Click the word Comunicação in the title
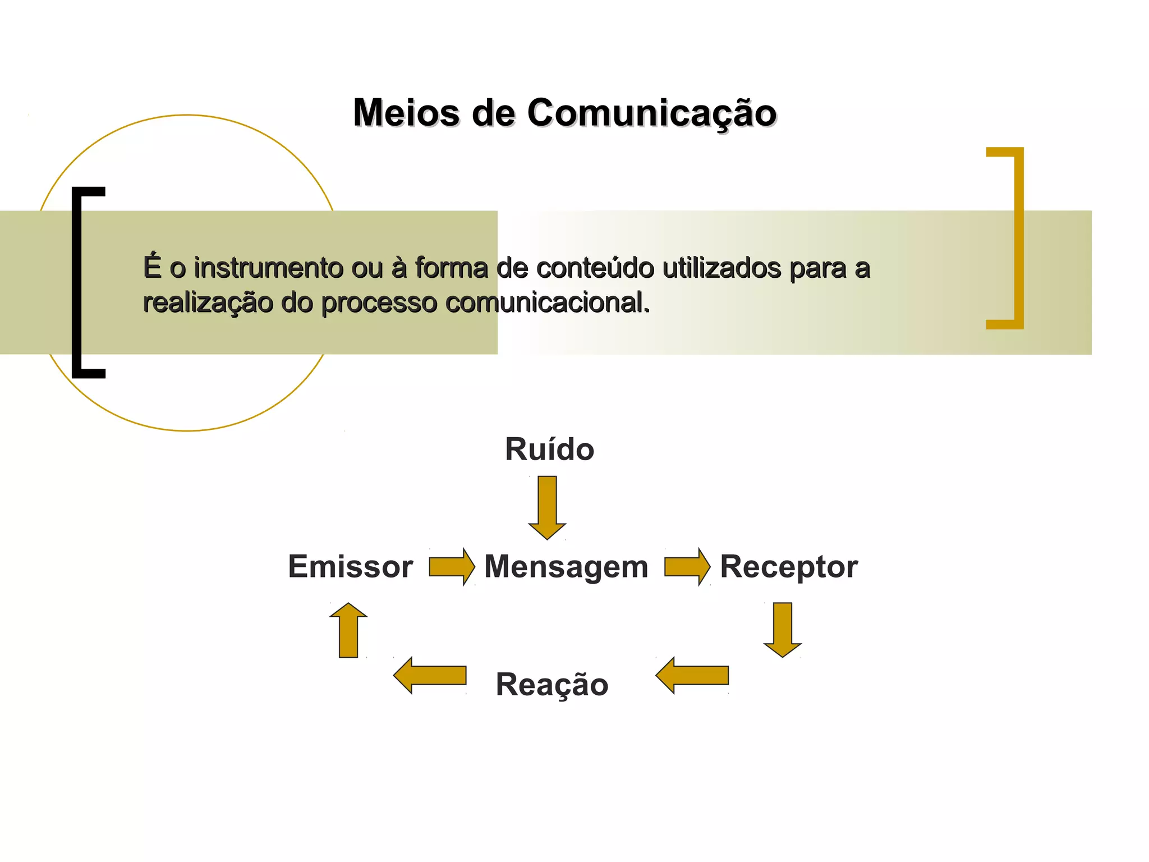coord(651,113)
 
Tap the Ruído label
coord(549,449)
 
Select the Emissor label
coord(350,566)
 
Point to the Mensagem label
coord(566,567)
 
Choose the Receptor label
coord(788,567)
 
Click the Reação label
coord(552,685)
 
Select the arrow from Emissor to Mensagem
coord(452,567)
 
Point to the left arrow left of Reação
coord(430,676)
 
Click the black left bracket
coord(79,282)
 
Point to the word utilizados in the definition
coord(721,268)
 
